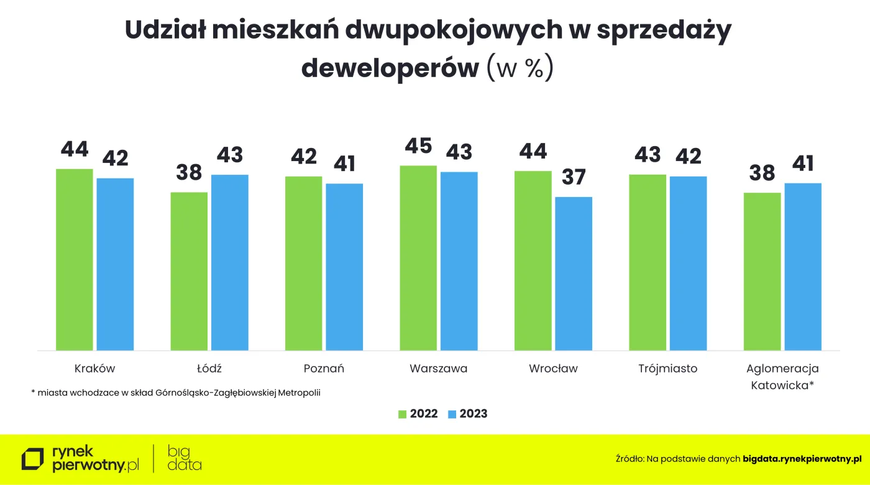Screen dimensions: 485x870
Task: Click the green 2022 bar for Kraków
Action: click(x=75, y=259)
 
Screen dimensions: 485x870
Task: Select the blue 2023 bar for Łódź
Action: click(x=229, y=262)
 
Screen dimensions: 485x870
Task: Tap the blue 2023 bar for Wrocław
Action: click(x=573, y=274)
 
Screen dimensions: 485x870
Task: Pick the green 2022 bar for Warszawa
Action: click(x=418, y=258)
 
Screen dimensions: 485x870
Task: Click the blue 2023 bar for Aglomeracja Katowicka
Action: click(x=802, y=266)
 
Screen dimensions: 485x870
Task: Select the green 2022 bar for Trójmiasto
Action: click(x=648, y=262)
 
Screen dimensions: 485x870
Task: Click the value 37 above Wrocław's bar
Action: click(x=573, y=177)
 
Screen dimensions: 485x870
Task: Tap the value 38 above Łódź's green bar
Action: click(x=188, y=173)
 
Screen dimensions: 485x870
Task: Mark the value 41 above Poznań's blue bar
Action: click(x=344, y=164)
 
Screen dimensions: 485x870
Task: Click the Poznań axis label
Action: click(x=324, y=369)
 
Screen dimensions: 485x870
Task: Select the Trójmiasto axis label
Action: click(x=667, y=369)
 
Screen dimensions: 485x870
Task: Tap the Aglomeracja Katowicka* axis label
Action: click(x=782, y=377)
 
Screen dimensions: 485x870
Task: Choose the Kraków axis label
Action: click(x=94, y=369)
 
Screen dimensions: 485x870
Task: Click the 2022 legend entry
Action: click(x=418, y=414)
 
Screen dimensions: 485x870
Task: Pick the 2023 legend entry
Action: click(x=467, y=414)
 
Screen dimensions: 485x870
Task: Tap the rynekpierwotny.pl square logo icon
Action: click(x=33, y=458)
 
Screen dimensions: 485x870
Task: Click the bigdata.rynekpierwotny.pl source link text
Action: click(x=802, y=459)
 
